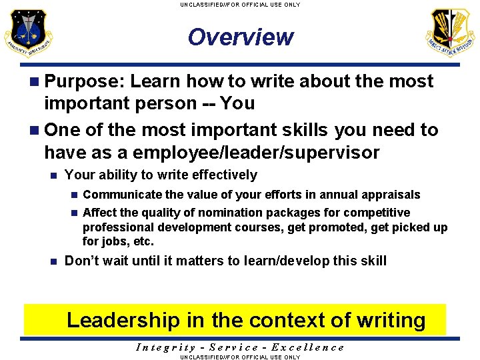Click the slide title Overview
pos(240,37)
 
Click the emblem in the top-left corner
pos(28,33)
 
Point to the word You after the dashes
pos(237,103)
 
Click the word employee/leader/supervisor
pos(256,153)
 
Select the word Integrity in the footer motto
pos(165,347)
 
